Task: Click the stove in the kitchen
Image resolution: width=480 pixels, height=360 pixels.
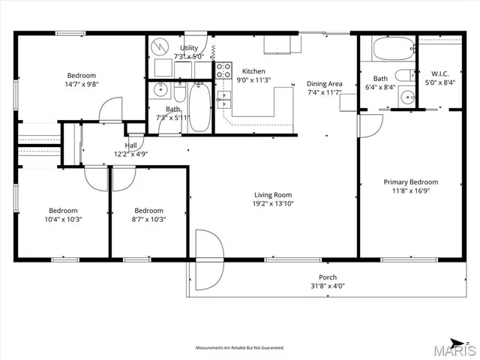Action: pyautogui.click(x=223, y=70)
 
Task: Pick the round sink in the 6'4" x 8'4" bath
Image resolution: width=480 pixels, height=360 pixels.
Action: pyautogui.click(x=406, y=97)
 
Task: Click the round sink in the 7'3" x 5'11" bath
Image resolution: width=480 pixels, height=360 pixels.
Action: pyautogui.click(x=159, y=91)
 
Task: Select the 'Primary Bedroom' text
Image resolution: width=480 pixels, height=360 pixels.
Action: pyautogui.click(x=410, y=181)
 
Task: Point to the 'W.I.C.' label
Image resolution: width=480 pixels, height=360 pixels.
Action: pyautogui.click(x=439, y=73)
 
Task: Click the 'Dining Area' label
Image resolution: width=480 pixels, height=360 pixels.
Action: pyautogui.click(x=324, y=83)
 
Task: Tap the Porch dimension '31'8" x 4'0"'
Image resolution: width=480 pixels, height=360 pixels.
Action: pyautogui.click(x=327, y=286)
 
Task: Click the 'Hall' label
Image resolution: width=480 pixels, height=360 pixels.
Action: pyautogui.click(x=130, y=145)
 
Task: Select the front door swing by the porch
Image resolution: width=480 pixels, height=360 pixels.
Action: pyautogui.click(x=208, y=258)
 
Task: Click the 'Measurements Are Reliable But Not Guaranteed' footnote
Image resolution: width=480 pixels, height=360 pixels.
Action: pyautogui.click(x=239, y=348)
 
